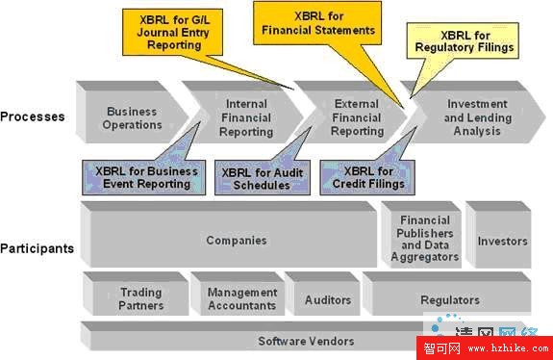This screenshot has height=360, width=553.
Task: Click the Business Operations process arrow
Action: (x=133, y=116)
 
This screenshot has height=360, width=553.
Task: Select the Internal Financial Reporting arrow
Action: (x=246, y=116)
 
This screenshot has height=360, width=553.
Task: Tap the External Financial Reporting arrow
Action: (x=357, y=116)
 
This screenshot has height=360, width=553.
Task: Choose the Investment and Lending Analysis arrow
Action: (x=472, y=116)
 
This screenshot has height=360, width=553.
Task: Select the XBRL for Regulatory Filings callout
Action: (x=464, y=39)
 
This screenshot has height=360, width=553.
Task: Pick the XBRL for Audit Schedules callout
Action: (x=255, y=179)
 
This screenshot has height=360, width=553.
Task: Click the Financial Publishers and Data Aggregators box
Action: (x=423, y=241)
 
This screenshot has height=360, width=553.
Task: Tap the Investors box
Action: (x=502, y=241)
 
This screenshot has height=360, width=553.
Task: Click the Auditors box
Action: (x=327, y=300)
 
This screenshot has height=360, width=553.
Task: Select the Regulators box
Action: (x=448, y=300)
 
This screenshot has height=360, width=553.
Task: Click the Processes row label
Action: (x=33, y=116)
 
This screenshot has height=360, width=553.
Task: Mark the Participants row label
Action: (x=38, y=248)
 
